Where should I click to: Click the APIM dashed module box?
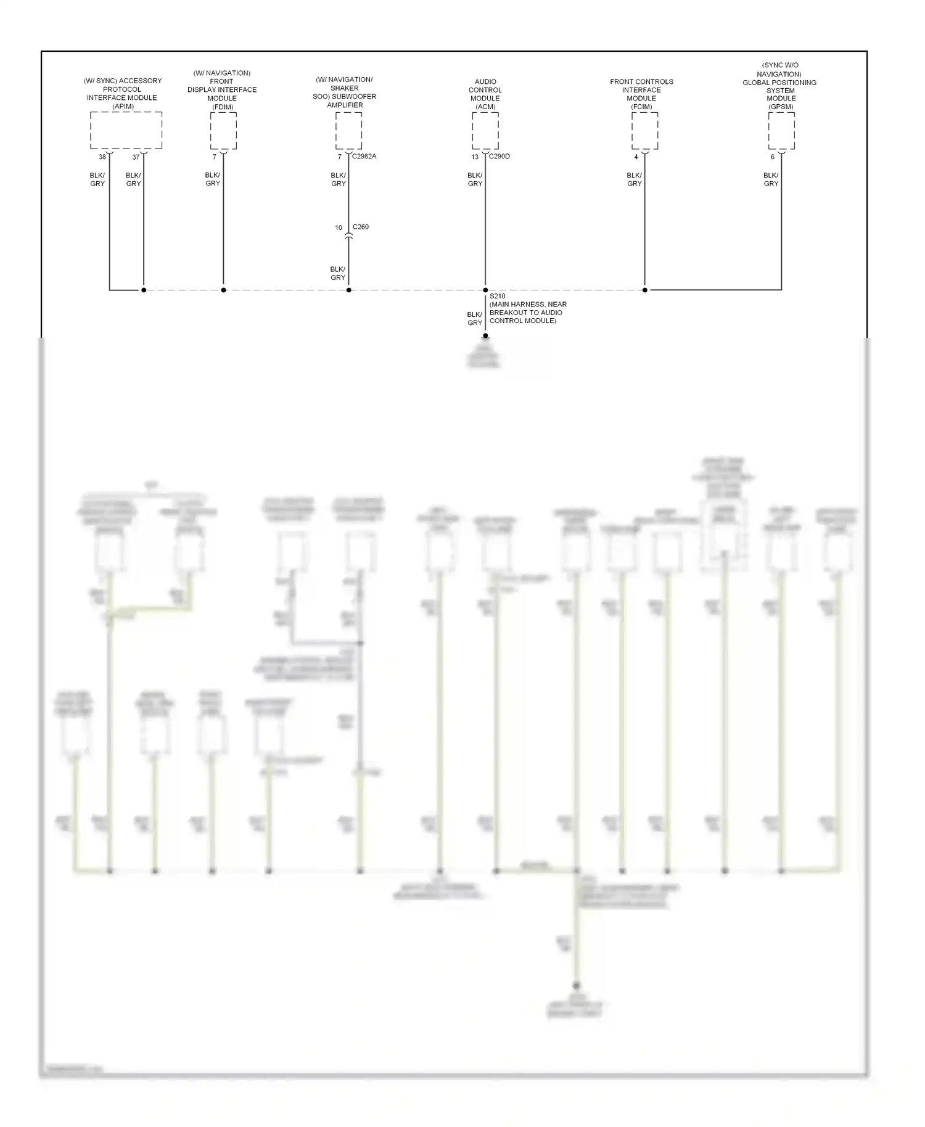126,130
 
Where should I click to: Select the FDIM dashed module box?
223,130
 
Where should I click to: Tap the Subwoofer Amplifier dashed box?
348,130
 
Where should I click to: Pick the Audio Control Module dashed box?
485,130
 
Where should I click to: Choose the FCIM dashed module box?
644,130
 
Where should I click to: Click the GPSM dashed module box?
781,130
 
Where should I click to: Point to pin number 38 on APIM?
102,157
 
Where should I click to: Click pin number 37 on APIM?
136,157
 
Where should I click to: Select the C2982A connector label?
364,157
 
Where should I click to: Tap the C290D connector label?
499,157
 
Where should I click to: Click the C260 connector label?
361,227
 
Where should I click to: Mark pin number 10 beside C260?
339,228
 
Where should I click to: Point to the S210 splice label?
497,297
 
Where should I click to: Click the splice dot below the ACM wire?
485,290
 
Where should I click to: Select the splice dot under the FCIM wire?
645,290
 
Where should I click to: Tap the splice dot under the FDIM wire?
223,290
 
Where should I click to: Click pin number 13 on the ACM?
475,157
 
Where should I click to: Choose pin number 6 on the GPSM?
772,157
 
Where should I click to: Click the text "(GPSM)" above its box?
781,107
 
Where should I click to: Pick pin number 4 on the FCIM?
636,157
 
